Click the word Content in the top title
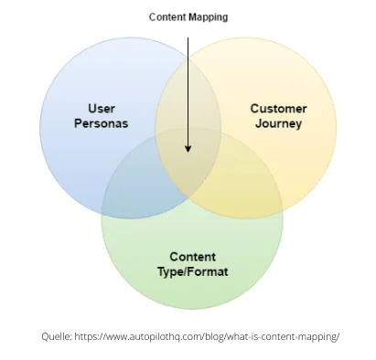click(169, 16)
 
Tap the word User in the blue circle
click(101, 109)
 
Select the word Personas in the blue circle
click(101, 122)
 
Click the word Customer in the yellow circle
click(278, 109)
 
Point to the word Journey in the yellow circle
click(278, 122)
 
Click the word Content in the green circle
click(192, 257)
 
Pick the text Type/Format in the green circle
click(192, 271)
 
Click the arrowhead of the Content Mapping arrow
click(188, 148)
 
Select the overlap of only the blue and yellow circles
click(188, 105)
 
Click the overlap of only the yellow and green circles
click(247, 187)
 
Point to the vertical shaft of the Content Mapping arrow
click(188, 82)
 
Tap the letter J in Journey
click(259, 122)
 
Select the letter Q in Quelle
click(46, 336)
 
